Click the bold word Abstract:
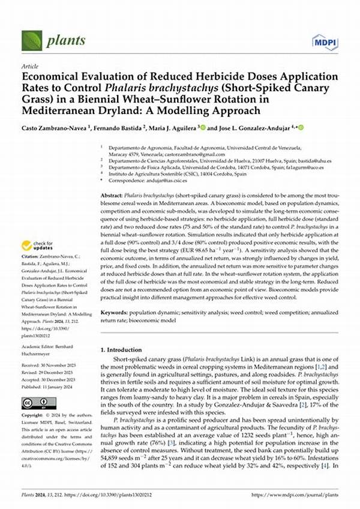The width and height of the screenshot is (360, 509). point(112,196)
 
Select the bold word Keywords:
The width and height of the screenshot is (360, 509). point(114,313)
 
